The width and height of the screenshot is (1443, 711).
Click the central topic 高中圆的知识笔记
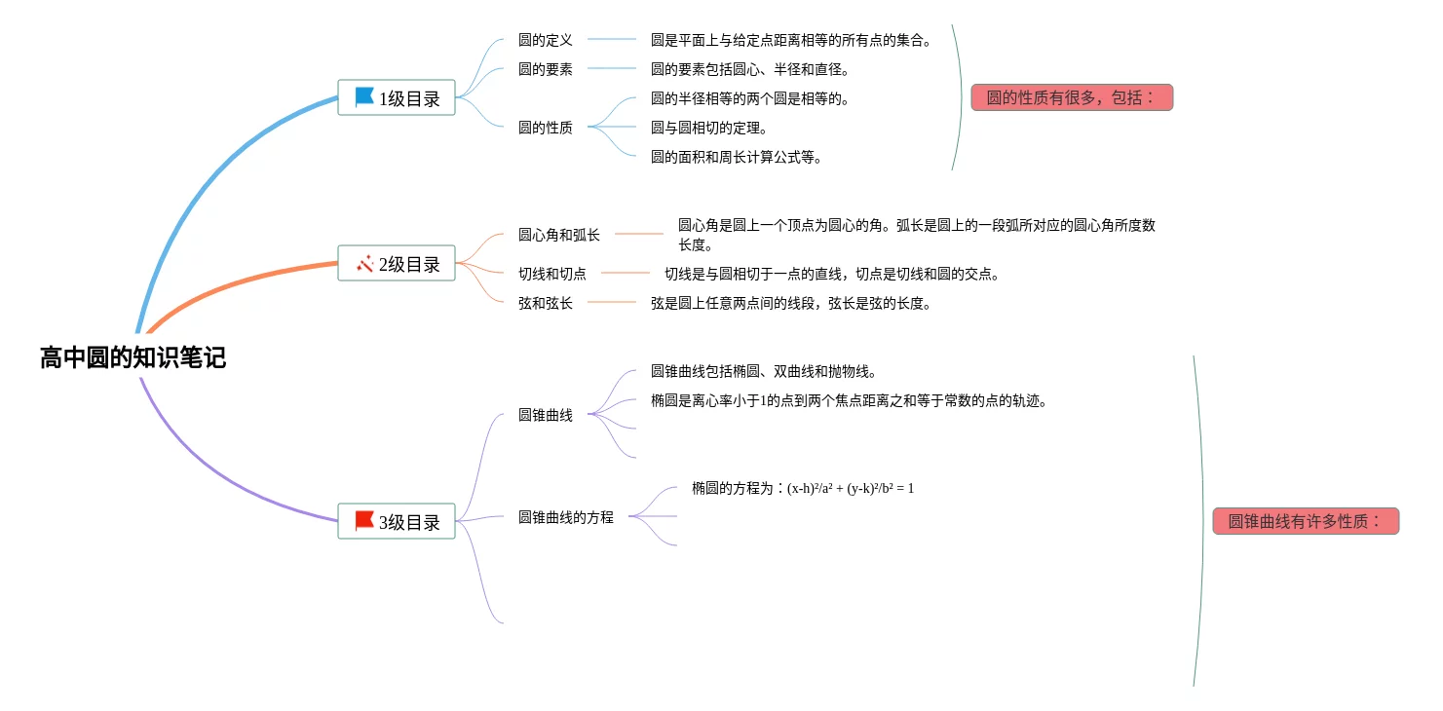[133, 357]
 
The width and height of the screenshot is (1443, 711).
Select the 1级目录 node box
[397, 97]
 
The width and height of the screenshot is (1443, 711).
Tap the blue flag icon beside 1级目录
[364, 97]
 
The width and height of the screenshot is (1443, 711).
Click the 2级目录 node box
[397, 263]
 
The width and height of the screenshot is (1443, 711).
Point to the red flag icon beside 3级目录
[364, 521]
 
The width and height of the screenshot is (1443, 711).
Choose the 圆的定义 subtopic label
[546, 40]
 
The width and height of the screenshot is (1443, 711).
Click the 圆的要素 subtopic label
[546, 69]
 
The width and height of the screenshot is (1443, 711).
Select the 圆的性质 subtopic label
[546, 127]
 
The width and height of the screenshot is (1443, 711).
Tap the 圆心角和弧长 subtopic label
[559, 235]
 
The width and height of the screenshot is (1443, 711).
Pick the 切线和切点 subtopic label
[552, 274]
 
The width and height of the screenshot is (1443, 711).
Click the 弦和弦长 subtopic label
[546, 303]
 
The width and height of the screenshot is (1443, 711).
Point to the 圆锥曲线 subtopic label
[546, 415]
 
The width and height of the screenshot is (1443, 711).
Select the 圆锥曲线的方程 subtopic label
[566, 517]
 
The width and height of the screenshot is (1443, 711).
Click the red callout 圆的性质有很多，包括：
[1072, 97]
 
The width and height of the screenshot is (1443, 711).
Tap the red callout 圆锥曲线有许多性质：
[1306, 521]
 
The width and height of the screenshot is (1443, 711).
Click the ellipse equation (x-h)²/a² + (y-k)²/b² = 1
[851, 488]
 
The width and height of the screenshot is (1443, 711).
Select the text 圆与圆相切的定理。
[710, 128]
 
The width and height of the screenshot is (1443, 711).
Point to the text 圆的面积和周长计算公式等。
[737, 157]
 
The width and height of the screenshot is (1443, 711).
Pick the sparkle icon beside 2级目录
[365, 263]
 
